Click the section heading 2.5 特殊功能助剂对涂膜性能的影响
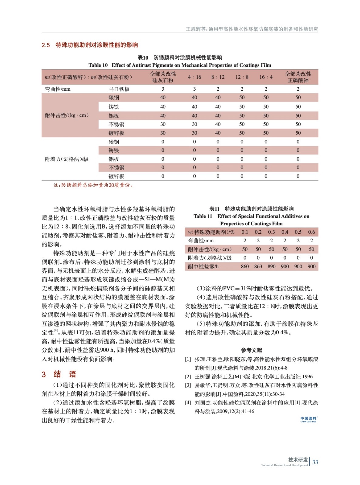(x=90, y=45)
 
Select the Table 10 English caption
(x=180, y=65)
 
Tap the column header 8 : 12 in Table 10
(x=218, y=77)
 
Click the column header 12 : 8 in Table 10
(x=242, y=77)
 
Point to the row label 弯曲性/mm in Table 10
(x=58, y=89)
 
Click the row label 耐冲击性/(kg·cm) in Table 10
(x=67, y=115)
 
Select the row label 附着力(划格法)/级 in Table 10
(x=67, y=159)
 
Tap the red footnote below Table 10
(x=93, y=185)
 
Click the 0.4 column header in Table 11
(x=285, y=232)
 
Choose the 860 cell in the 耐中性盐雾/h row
(x=245, y=266)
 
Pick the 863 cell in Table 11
(x=258, y=266)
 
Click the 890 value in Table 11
(x=271, y=266)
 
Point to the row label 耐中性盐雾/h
(x=203, y=266)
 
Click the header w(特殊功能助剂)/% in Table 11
(x=211, y=232)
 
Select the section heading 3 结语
(x=59, y=374)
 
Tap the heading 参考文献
(x=251, y=350)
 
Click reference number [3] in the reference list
(x=188, y=385)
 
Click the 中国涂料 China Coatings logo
(x=308, y=420)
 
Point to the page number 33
(x=315, y=462)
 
